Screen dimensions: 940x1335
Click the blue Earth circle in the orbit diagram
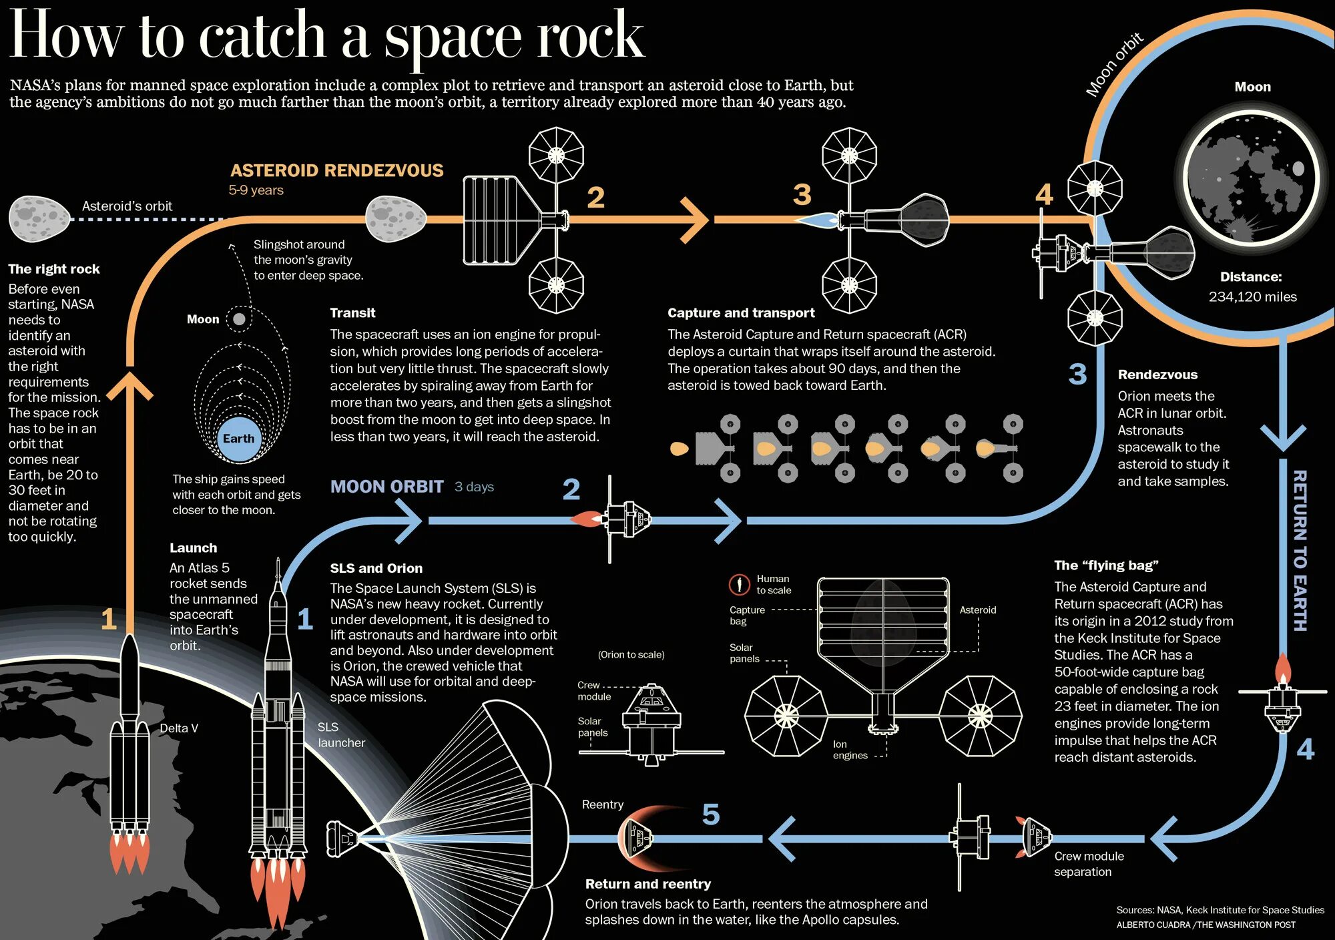coord(238,439)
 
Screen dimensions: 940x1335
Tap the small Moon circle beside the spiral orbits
coord(238,319)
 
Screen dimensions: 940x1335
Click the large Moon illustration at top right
coord(1252,180)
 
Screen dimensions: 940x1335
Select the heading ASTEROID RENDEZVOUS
coord(336,171)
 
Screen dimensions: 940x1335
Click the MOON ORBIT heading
coord(386,487)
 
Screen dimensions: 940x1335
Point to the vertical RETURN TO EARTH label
coord(1299,550)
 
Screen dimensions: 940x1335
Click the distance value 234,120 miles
coord(1252,297)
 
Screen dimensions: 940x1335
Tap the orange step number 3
coord(802,195)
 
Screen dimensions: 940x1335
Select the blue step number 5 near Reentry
coord(711,814)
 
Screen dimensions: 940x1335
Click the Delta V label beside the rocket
coord(179,728)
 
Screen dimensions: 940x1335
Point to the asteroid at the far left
coord(39,218)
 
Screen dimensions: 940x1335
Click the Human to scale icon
coord(739,585)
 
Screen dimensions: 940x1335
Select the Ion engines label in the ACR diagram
coord(850,750)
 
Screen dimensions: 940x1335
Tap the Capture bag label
coord(747,616)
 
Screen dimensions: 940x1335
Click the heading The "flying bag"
coord(1106,565)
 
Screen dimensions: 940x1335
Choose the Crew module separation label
coord(1089,864)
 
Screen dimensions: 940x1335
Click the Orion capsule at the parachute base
coord(342,839)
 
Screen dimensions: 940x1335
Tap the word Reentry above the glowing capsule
coord(602,804)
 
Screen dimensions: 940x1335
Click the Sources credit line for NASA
coord(1220,910)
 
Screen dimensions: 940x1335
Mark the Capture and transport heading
coord(741,313)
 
